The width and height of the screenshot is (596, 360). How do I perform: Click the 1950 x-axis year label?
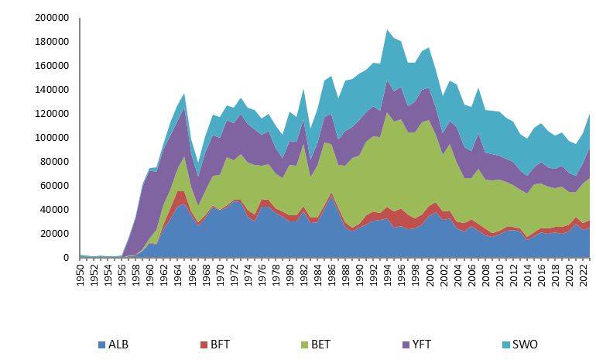click(81, 274)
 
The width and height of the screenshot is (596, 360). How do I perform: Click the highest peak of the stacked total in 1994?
click(387, 30)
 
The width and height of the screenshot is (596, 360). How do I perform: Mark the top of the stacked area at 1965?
click(183, 94)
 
